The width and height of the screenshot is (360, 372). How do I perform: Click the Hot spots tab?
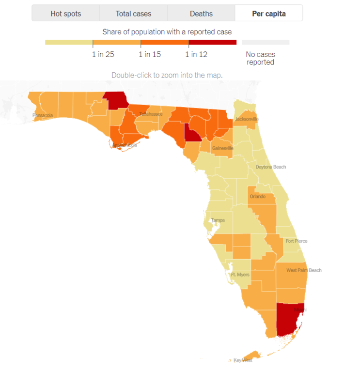click(66, 14)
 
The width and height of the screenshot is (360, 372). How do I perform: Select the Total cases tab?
click(133, 14)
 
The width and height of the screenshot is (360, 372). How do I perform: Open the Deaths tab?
click(201, 14)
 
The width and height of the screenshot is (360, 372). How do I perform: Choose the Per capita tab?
click(269, 14)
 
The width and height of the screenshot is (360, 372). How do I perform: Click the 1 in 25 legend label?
click(103, 54)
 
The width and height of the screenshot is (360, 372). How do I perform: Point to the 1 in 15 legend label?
click(150, 54)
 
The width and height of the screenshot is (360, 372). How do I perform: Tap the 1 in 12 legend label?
click(196, 54)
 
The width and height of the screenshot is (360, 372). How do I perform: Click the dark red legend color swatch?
click(213, 42)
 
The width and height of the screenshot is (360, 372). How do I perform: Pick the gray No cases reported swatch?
click(266, 42)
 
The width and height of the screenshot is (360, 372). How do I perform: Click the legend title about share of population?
click(167, 32)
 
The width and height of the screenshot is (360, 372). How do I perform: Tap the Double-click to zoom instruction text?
click(167, 75)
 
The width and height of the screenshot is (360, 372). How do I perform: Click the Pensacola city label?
click(43, 115)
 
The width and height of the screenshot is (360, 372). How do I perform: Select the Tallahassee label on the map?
click(151, 114)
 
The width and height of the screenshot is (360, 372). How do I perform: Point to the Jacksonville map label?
click(247, 119)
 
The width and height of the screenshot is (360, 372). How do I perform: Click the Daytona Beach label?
click(271, 167)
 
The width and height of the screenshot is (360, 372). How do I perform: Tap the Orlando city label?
click(257, 197)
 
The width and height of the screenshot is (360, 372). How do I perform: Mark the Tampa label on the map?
click(218, 220)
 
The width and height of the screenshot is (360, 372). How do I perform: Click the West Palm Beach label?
click(304, 270)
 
